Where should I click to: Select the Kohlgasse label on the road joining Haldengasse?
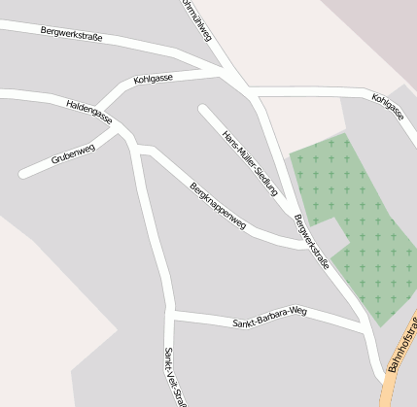[x=154, y=77]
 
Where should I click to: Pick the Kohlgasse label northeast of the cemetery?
[x=387, y=107]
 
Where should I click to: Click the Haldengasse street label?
[x=89, y=113]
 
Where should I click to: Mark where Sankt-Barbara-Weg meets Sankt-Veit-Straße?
[x=172, y=314]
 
